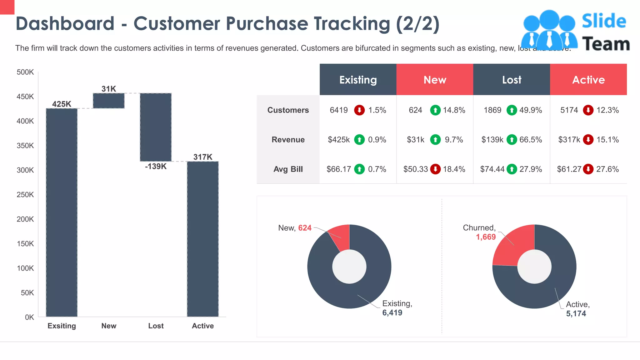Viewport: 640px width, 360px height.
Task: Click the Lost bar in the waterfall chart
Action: point(156,127)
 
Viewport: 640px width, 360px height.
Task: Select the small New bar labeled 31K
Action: point(109,101)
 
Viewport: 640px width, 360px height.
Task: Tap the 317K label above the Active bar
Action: point(203,157)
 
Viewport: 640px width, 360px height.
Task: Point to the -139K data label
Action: point(156,166)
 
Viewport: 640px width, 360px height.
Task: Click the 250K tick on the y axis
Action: point(25,195)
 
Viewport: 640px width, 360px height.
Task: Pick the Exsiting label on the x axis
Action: point(62,326)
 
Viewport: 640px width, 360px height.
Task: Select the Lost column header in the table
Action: point(512,80)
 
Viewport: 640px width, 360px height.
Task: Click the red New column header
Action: point(435,80)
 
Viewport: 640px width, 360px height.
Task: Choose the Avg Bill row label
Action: point(288,169)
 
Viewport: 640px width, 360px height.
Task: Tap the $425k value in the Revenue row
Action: point(338,140)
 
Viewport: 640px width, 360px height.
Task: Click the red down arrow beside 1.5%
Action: point(359,110)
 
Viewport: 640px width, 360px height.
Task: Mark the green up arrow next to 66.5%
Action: point(512,140)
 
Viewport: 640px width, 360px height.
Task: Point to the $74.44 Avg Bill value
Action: point(492,169)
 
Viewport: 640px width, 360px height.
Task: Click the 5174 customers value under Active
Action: point(569,110)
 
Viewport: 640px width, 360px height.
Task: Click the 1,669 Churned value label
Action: point(486,237)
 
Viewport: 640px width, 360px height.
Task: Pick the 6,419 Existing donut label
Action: point(392,312)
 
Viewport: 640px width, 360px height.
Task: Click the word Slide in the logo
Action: point(604,21)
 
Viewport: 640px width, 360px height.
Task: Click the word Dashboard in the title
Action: point(65,23)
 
